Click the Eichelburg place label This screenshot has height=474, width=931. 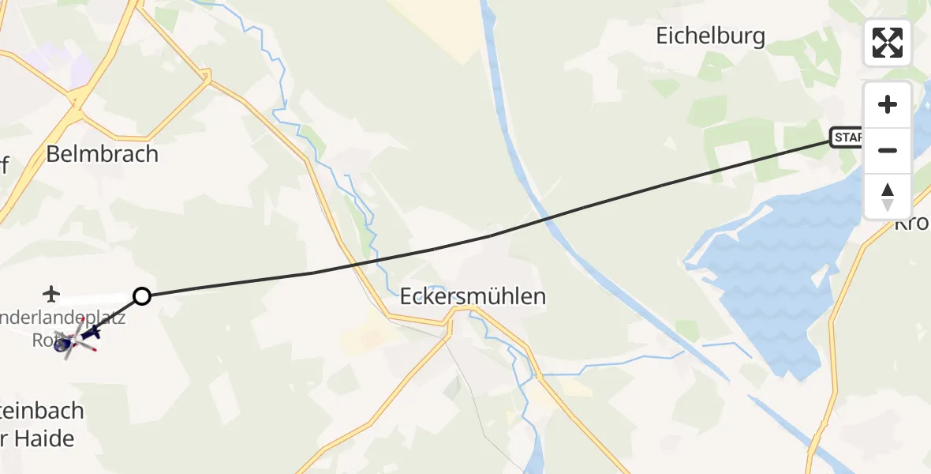tap(711, 36)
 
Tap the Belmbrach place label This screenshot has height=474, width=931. tap(102, 153)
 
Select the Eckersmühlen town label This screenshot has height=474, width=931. tap(473, 297)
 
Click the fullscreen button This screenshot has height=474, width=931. tap(888, 43)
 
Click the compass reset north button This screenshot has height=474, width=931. tap(888, 197)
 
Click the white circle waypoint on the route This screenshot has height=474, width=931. tap(142, 296)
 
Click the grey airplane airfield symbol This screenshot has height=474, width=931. tap(53, 294)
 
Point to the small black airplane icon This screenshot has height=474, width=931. tap(92, 333)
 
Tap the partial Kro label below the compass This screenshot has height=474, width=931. tap(912, 224)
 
